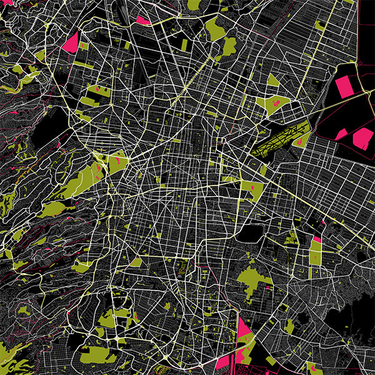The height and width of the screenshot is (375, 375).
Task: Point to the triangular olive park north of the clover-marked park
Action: (272, 80)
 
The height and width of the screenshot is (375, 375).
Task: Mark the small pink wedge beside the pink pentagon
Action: (341, 134)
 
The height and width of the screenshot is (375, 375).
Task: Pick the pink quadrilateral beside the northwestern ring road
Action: (71, 42)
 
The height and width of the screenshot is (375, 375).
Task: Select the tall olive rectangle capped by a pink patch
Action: (316, 254)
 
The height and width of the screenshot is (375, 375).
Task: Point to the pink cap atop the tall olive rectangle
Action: (317, 239)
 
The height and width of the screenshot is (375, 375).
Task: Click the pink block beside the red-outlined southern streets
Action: (223, 362)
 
